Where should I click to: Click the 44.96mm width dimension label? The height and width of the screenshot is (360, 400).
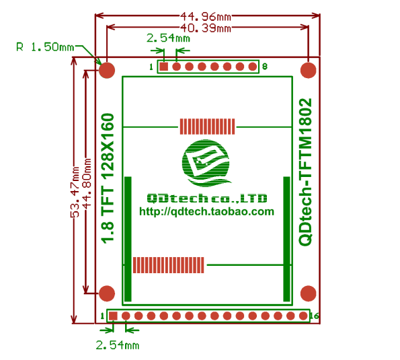206,17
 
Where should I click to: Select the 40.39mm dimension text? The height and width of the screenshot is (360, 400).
206,28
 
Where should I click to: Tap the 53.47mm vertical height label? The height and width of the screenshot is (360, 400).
75,192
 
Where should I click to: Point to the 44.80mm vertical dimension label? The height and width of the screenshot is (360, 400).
87,183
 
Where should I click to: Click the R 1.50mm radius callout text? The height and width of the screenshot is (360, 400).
45,47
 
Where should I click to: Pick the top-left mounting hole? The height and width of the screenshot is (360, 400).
107,70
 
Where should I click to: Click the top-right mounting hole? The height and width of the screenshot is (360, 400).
309,70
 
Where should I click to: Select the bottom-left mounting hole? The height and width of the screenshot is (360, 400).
107,293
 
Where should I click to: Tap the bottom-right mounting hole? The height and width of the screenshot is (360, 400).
309,293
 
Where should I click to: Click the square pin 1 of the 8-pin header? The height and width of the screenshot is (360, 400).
164,67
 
